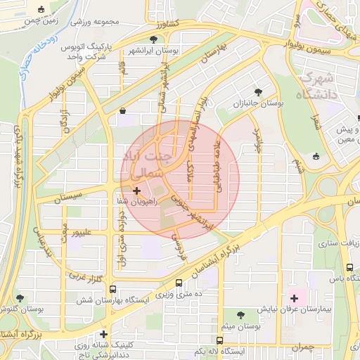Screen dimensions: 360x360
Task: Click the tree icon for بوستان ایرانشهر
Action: [153, 39]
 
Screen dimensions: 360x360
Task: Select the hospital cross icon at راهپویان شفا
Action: [136, 191]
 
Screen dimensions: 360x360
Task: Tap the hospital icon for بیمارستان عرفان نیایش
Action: [294, 299]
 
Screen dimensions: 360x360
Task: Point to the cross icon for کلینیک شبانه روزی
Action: [103, 334]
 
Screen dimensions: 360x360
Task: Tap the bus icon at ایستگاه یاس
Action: [349, 266]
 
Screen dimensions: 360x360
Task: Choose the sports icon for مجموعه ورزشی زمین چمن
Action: [43, 11]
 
